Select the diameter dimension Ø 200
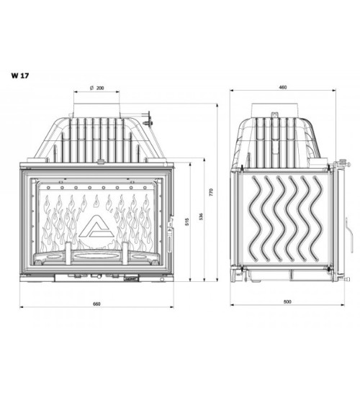(96, 88)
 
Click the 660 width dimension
(96, 304)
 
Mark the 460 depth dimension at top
(283, 88)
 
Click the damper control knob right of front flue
(149, 117)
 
